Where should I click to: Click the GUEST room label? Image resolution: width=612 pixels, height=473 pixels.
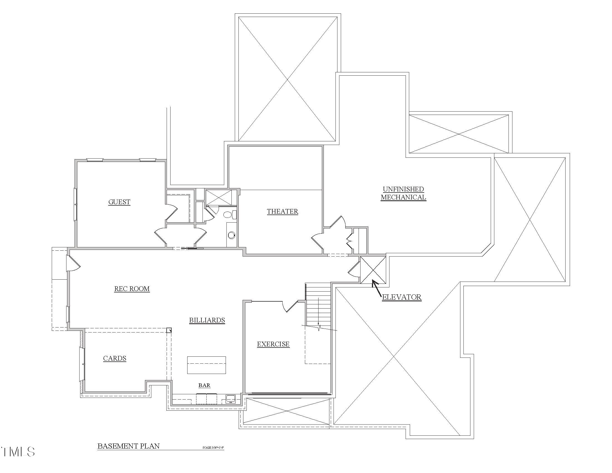pos(119,202)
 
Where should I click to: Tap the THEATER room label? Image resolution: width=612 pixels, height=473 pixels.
pos(282,211)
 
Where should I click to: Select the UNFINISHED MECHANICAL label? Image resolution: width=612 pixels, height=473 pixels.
pos(403,193)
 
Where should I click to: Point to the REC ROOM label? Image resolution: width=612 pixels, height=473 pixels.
pos(132,289)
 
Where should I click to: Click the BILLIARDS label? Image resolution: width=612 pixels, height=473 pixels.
pos(207,320)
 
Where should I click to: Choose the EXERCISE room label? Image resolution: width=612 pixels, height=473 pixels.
pos(273,344)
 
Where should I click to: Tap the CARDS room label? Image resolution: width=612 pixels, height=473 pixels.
pos(115,358)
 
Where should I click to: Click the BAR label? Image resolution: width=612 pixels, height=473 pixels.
pos(204,385)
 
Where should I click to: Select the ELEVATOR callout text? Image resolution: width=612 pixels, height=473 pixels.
pos(401,297)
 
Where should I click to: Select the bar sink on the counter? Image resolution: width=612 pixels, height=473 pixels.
pos(231,398)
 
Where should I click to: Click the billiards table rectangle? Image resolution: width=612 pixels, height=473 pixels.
pos(206,365)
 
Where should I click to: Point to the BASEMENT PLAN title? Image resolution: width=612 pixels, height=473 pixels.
pos(129,446)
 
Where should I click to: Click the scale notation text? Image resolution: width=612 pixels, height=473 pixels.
pos(213,447)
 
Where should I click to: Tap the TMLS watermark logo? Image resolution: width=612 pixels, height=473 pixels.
pos(18,451)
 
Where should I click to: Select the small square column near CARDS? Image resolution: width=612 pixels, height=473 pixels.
pos(169,330)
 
